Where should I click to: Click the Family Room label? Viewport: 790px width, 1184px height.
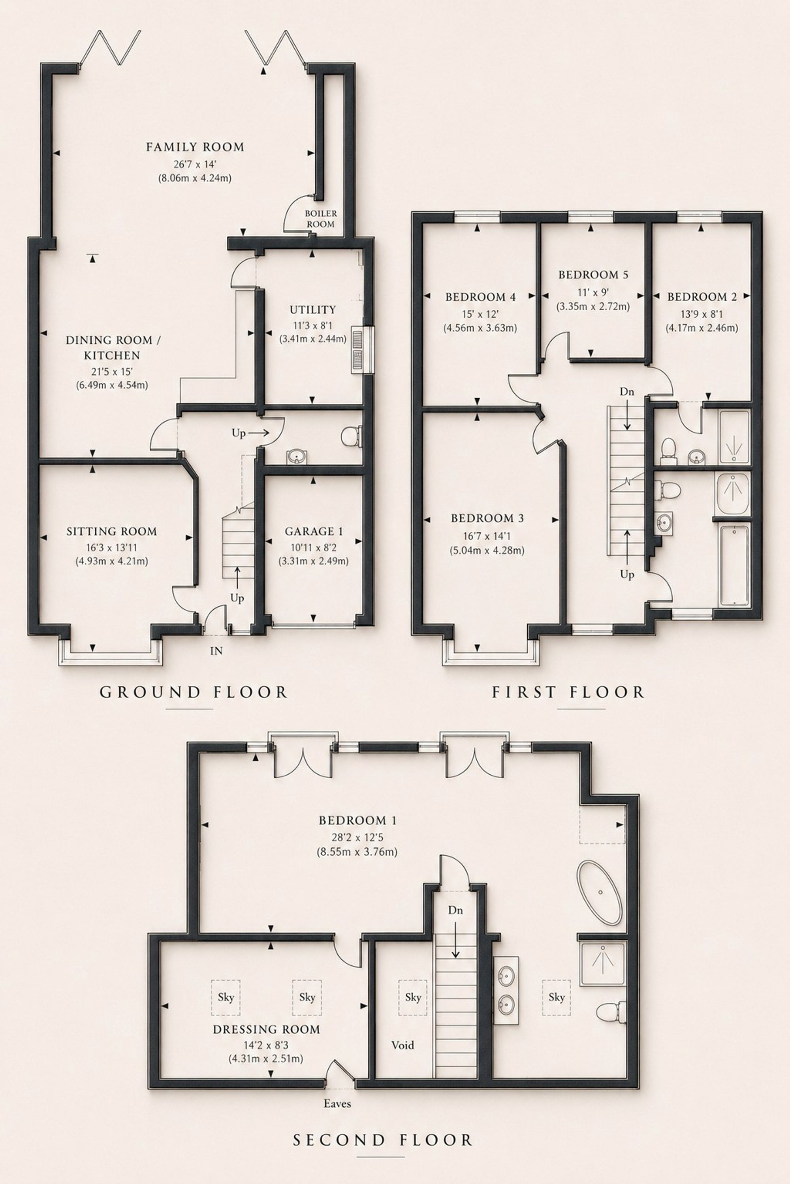point(195,147)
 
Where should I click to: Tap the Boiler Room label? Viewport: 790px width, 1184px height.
point(321,219)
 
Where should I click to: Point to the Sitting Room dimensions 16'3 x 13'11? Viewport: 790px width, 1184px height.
point(112,547)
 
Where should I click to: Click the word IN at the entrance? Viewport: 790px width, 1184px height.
point(216,651)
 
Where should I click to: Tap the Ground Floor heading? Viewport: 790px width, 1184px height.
point(194,692)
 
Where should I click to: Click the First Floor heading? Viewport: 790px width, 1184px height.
point(568,692)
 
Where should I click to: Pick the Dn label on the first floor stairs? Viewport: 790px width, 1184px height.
point(627,392)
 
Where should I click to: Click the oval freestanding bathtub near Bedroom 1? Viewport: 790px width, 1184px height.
point(600,892)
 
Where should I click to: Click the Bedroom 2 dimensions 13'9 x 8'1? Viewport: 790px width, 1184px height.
point(702,315)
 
